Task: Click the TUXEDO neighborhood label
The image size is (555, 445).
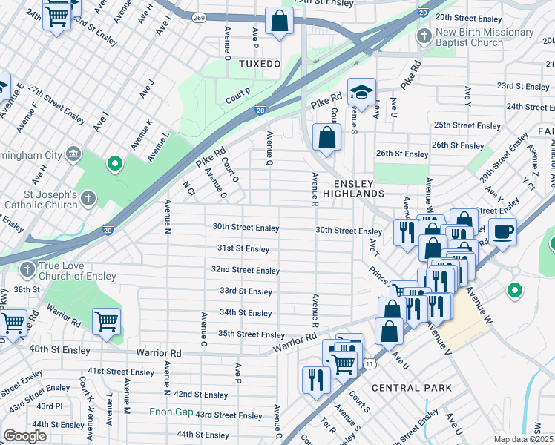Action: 260,65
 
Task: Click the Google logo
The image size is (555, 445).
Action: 24,436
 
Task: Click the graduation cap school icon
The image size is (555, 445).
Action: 361,93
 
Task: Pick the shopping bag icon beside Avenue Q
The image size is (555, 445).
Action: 326,137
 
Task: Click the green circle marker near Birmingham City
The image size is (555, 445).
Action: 114,163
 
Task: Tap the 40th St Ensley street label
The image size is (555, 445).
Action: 59,349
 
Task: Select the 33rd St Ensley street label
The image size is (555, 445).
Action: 246,291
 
